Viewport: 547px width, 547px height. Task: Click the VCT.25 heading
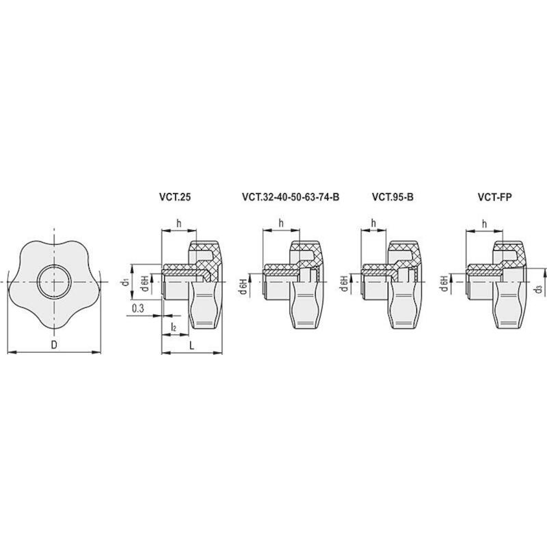coord(175,197)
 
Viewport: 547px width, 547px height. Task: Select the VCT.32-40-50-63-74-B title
coord(291,197)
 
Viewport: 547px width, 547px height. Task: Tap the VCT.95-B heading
coord(392,197)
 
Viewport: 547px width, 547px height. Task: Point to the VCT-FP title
coord(494,197)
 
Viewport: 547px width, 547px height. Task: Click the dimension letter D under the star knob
coord(54,345)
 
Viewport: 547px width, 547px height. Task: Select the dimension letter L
coord(191,346)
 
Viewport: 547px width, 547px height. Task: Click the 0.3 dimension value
coord(138,308)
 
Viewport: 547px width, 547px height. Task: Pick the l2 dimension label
coord(174,327)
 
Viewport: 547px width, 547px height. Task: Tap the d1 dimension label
coord(126,282)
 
